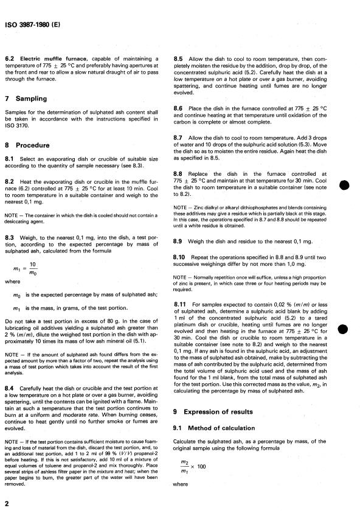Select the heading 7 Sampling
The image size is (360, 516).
(27, 99)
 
